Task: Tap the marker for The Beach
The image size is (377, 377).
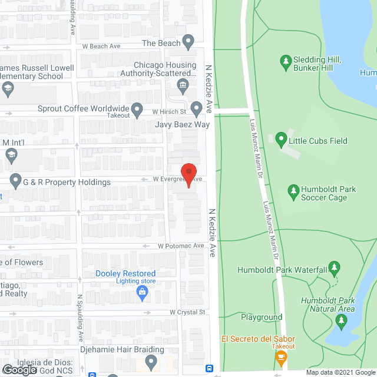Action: (188, 42)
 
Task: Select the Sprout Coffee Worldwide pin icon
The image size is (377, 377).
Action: (137, 109)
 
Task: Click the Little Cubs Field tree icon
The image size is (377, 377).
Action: (281, 141)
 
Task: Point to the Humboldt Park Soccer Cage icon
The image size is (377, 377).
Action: (293, 191)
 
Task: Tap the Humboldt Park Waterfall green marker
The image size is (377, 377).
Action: (335, 269)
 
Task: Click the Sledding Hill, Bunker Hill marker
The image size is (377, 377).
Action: (286, 61)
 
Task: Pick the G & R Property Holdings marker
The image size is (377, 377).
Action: (15, 182)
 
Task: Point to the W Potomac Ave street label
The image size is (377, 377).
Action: (180, 246)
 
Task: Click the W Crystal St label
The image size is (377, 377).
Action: (187, 312)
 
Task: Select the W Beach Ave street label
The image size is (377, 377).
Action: (101, 46)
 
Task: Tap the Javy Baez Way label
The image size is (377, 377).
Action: (182, 125)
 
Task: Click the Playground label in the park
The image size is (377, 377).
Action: (262, 317)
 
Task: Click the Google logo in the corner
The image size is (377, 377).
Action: (19, 369)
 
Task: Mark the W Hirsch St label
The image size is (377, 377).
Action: (169, 111)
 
